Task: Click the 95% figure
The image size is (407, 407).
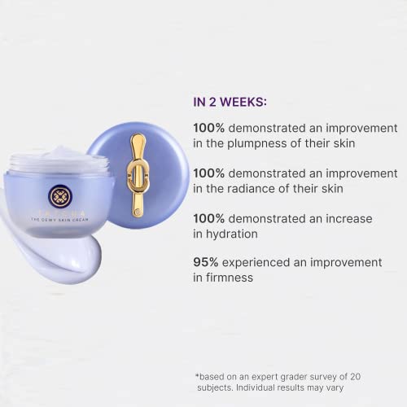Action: [x=208, y=262]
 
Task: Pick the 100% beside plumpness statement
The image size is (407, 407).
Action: [x=210, y=129]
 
